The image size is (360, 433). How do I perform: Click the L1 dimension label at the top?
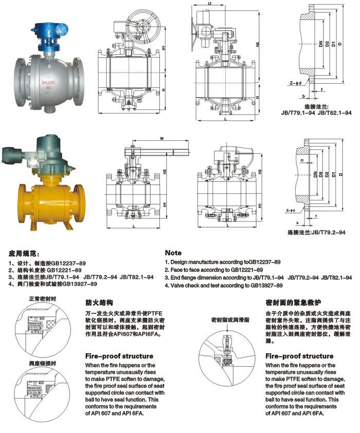click(x=210, y=4)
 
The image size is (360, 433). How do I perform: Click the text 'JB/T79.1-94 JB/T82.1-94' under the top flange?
click(x=316, y=112)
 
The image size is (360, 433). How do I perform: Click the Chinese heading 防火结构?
click(x=98, y=303)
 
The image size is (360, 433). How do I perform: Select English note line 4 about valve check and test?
click(x=224, y=284)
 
